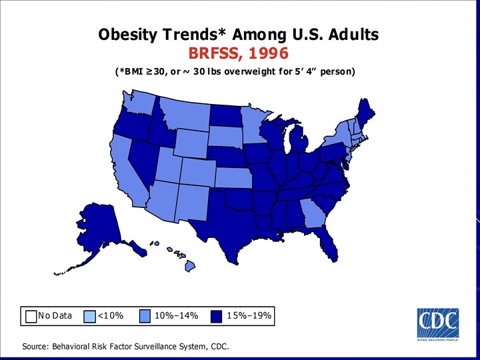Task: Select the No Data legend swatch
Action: click(31, 316)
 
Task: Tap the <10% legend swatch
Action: click(90, 316)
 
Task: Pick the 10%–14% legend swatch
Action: click(147, 316)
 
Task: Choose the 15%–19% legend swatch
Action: click(217, 316)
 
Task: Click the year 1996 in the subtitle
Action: click(265, 53)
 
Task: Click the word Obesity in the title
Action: click(125, 34)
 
